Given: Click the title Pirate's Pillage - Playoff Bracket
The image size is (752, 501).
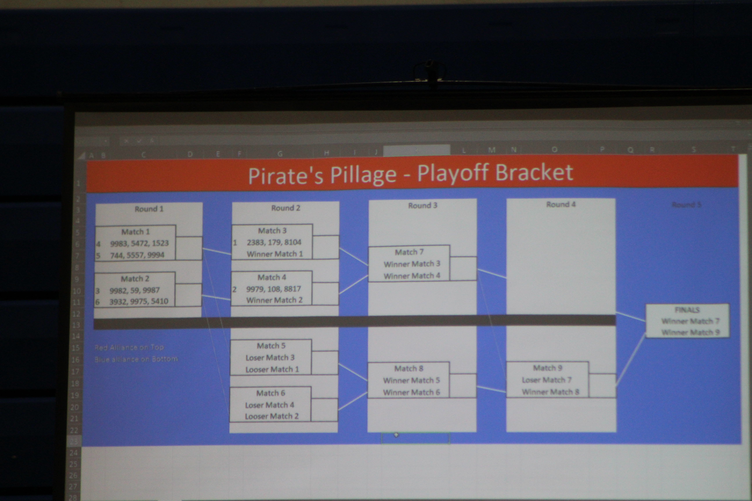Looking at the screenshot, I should click(411, 174).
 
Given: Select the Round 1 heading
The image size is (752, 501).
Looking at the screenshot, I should click(149, 209).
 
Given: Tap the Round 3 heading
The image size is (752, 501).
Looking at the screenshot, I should click(422, 205).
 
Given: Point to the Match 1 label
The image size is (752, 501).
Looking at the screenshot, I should click(135, 232).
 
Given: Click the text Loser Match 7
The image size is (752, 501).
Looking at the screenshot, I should click(546, 380).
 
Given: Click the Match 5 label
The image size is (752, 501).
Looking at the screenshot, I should click(271, 346).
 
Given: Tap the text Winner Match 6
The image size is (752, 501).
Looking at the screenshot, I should click(411, 392).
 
